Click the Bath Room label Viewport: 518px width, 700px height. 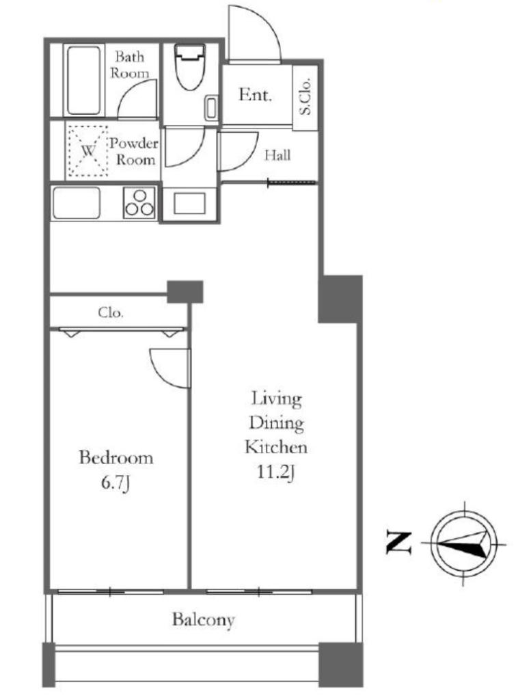tap(129, 64)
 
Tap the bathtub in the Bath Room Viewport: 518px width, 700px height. tap(84, 81)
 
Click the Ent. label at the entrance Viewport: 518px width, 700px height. tap(255, 94)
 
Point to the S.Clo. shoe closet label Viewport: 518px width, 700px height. tap(305, 96)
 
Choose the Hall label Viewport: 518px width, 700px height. tap(277, 155)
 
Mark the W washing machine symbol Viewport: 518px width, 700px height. tap(88, 150)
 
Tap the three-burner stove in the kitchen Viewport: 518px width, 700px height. tap(139, 203)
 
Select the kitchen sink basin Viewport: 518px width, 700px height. tap(77, 203)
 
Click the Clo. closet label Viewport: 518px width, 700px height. tap(111, 312)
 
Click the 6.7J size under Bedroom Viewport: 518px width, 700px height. tap(115, 483)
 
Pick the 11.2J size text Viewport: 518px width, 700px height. tap(275, 472)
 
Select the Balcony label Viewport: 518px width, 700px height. tap(204, 619)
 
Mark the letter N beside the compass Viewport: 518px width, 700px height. tap(398, 543)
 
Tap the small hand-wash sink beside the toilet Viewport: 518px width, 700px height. tap(211, 108)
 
